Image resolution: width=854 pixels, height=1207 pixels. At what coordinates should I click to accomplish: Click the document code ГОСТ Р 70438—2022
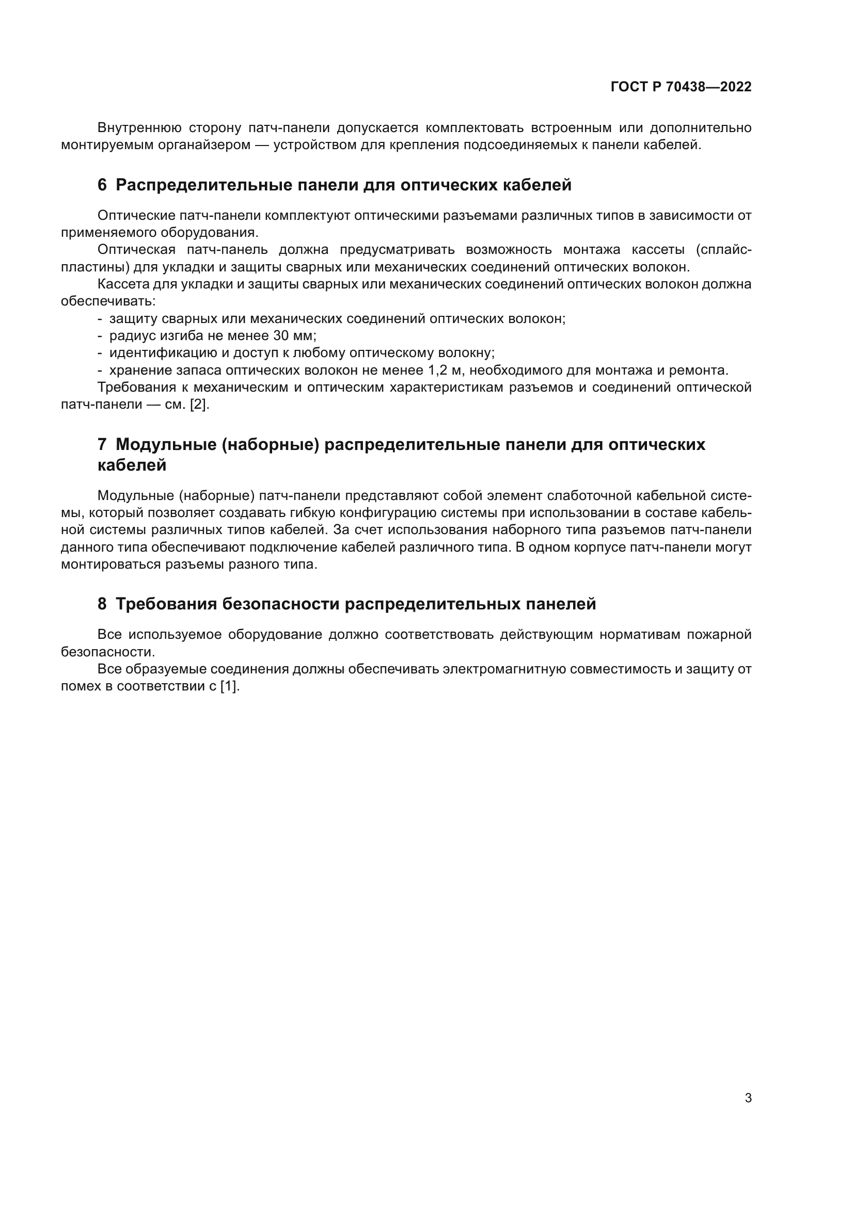(x=681, y=87)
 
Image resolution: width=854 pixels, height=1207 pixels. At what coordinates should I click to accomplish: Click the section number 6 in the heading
(x=102, y=185)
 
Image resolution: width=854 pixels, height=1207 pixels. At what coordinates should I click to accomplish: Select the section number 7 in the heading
(x=102, y=445)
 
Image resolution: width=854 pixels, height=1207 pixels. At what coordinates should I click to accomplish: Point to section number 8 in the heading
(x=102, y=604)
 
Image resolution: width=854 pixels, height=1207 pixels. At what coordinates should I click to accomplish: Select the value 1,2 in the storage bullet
(x=437, y=371)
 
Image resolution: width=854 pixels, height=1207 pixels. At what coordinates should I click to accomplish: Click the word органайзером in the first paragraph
(x=204, y=145)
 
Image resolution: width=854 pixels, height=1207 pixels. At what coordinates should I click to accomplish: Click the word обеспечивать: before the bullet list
(x=108, y=302)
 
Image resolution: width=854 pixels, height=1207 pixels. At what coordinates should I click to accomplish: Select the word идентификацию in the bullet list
(x=162, y=353)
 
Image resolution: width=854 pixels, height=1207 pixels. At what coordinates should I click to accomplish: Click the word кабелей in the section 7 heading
(x=132, y=465)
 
